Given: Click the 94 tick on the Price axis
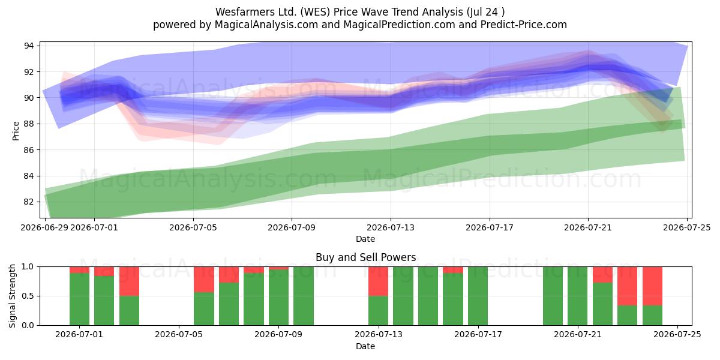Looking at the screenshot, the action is [x=29, y=46].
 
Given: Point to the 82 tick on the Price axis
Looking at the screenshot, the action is [x=29, y=202].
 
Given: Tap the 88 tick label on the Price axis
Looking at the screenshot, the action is [x=29, y=124].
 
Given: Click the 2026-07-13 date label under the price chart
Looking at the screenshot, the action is [x=391, y=227].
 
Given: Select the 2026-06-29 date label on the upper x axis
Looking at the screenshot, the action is [x=44, y=227].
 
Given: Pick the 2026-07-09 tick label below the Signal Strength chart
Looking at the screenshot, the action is [x=278, y=335].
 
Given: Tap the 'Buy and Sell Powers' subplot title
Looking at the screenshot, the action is [x=366, y=257].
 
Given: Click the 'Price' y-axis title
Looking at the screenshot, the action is [x=16, y=131].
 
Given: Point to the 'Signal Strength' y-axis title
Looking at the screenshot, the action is [x=12, y=296].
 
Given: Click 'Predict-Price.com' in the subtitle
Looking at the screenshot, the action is [x=524, y=25].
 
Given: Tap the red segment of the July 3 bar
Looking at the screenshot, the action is [x=129, y=281].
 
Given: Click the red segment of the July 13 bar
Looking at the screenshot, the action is [x=379, y=281].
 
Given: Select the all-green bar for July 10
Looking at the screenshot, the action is [x=304, y=296].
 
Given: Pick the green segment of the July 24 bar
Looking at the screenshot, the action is [x=653, y=316].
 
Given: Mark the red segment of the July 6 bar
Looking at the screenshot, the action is [x=204, y=280].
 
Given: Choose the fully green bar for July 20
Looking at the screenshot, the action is [x=553, y=296].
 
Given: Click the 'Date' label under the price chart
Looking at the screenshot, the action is [x=365, y=239].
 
